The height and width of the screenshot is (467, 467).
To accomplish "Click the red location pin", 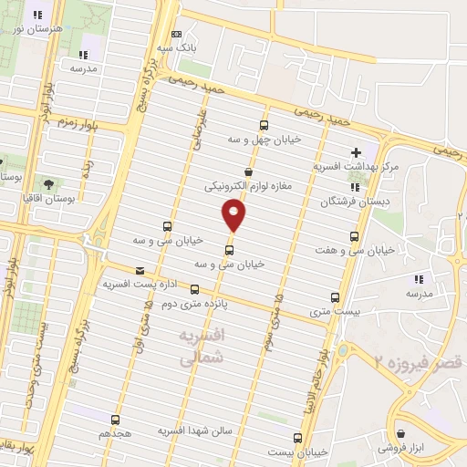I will pyautogui.click(x=233, y=214).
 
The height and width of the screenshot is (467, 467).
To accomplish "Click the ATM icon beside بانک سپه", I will pyautogui.click(x=177, y=33).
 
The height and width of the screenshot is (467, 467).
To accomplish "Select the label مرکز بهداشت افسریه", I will pyautogui.click(x=357, y=168).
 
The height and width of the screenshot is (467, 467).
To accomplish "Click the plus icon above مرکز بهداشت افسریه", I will pyautogui.click(x=357, y=151).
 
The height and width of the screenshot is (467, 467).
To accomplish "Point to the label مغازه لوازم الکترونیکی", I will pyautogui.click(x=248, y=185).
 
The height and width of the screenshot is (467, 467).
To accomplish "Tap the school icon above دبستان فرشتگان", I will pyautogui.click(x=355, y=187).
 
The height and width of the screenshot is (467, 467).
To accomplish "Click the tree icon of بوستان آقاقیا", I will pyautogui.click(x=47, y=184).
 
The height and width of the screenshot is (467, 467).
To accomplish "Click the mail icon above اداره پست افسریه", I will pyautogui.click(x=139, y=270).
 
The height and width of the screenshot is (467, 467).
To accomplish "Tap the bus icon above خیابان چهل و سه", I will pyautogui.click(x=265, y=125).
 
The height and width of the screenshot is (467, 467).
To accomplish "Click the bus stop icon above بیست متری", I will pyautogui.click(x=335, y=297).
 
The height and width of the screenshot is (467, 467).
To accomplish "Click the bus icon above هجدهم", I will pyautogui.click(x=115, y=420).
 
